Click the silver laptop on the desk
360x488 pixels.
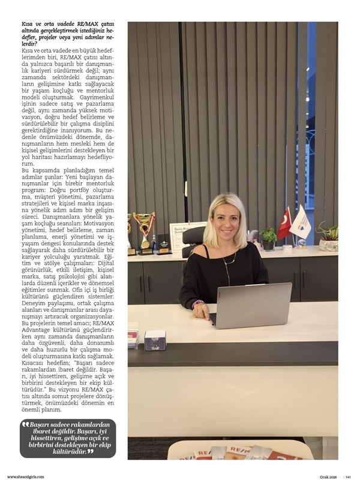point(251,305)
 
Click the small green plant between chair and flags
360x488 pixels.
point(268,237)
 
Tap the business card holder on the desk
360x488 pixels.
point(155,339)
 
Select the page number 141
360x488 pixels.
point(347,477)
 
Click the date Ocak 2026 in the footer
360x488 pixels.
point(328,477)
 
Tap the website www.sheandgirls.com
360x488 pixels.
point(26,477)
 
